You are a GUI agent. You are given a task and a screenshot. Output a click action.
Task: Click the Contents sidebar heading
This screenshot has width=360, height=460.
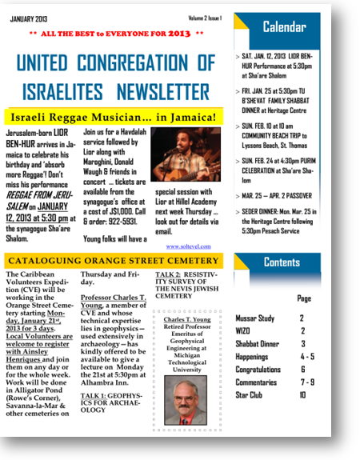pyautogui.click(x=282, y=262)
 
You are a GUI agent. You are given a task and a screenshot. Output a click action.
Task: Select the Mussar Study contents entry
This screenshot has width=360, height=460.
pyautogui.click(x=256, y=318)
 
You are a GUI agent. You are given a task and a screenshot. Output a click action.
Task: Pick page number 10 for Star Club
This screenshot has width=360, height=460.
pyautogui.click(x=302, y=395)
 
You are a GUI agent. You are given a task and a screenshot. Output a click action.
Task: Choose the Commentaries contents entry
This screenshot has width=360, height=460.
pyautogui.click(x=257, y=382)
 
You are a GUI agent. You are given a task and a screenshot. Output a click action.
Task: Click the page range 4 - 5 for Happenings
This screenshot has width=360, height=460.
pyautogui.click(x=302, y=357)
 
